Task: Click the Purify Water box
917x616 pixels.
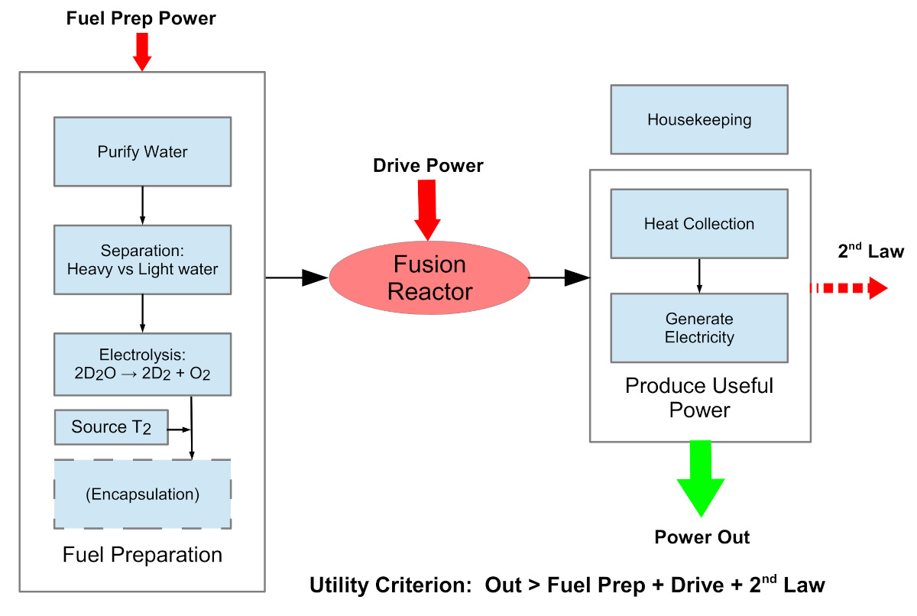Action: coord(142,151)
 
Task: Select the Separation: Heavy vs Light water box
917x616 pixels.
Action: coord(142,260)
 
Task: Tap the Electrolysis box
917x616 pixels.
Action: coord(142,364)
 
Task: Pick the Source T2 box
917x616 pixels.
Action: coord(112,427)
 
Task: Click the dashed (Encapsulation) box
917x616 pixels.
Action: coord(142,494)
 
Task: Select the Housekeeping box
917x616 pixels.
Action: coord(699,119)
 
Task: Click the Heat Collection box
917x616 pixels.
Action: coord(699,224)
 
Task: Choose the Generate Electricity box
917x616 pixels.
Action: coord(699,328)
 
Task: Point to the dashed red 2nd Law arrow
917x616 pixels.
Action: coord(848,288)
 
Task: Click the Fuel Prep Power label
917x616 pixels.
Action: coord(142,18)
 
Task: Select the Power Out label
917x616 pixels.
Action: coord(702,537)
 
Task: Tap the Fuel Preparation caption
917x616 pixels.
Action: coord(142,555)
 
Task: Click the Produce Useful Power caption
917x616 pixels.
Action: coord(699,397)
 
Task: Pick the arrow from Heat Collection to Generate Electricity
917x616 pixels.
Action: coord(699,275)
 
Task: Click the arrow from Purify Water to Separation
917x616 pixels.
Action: coord(142,205)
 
